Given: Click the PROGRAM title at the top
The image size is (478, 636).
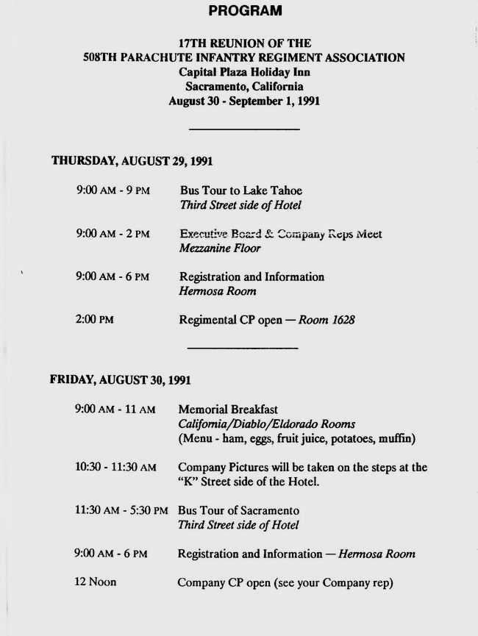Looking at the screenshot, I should tap(245, 11).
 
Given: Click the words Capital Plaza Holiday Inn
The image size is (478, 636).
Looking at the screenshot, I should tap(243, 72).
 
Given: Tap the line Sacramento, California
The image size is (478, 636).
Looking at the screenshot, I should tap(243, 87).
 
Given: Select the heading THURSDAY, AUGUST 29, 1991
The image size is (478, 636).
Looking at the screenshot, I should tap(132, 161).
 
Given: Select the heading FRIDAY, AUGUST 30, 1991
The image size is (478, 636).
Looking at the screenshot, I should tap(121, 380).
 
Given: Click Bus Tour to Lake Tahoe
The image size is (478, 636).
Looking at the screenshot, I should tap(240, 190).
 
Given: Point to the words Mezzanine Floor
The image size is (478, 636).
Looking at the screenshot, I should tap(220, 249).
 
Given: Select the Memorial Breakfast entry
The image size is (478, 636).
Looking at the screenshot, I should tap(228, 410).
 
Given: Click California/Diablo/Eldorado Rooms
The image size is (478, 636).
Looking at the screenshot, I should tap(266, 424).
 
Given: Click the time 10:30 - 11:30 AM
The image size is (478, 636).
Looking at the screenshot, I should tap(115, 468).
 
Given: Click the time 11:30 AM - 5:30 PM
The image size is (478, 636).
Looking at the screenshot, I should tap(121, 510).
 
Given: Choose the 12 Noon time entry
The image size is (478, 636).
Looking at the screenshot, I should tap(96, 582).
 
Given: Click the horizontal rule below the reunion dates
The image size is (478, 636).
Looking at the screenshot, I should tap(244, 129).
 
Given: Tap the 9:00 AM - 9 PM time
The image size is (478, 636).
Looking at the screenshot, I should tap(113, 190).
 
